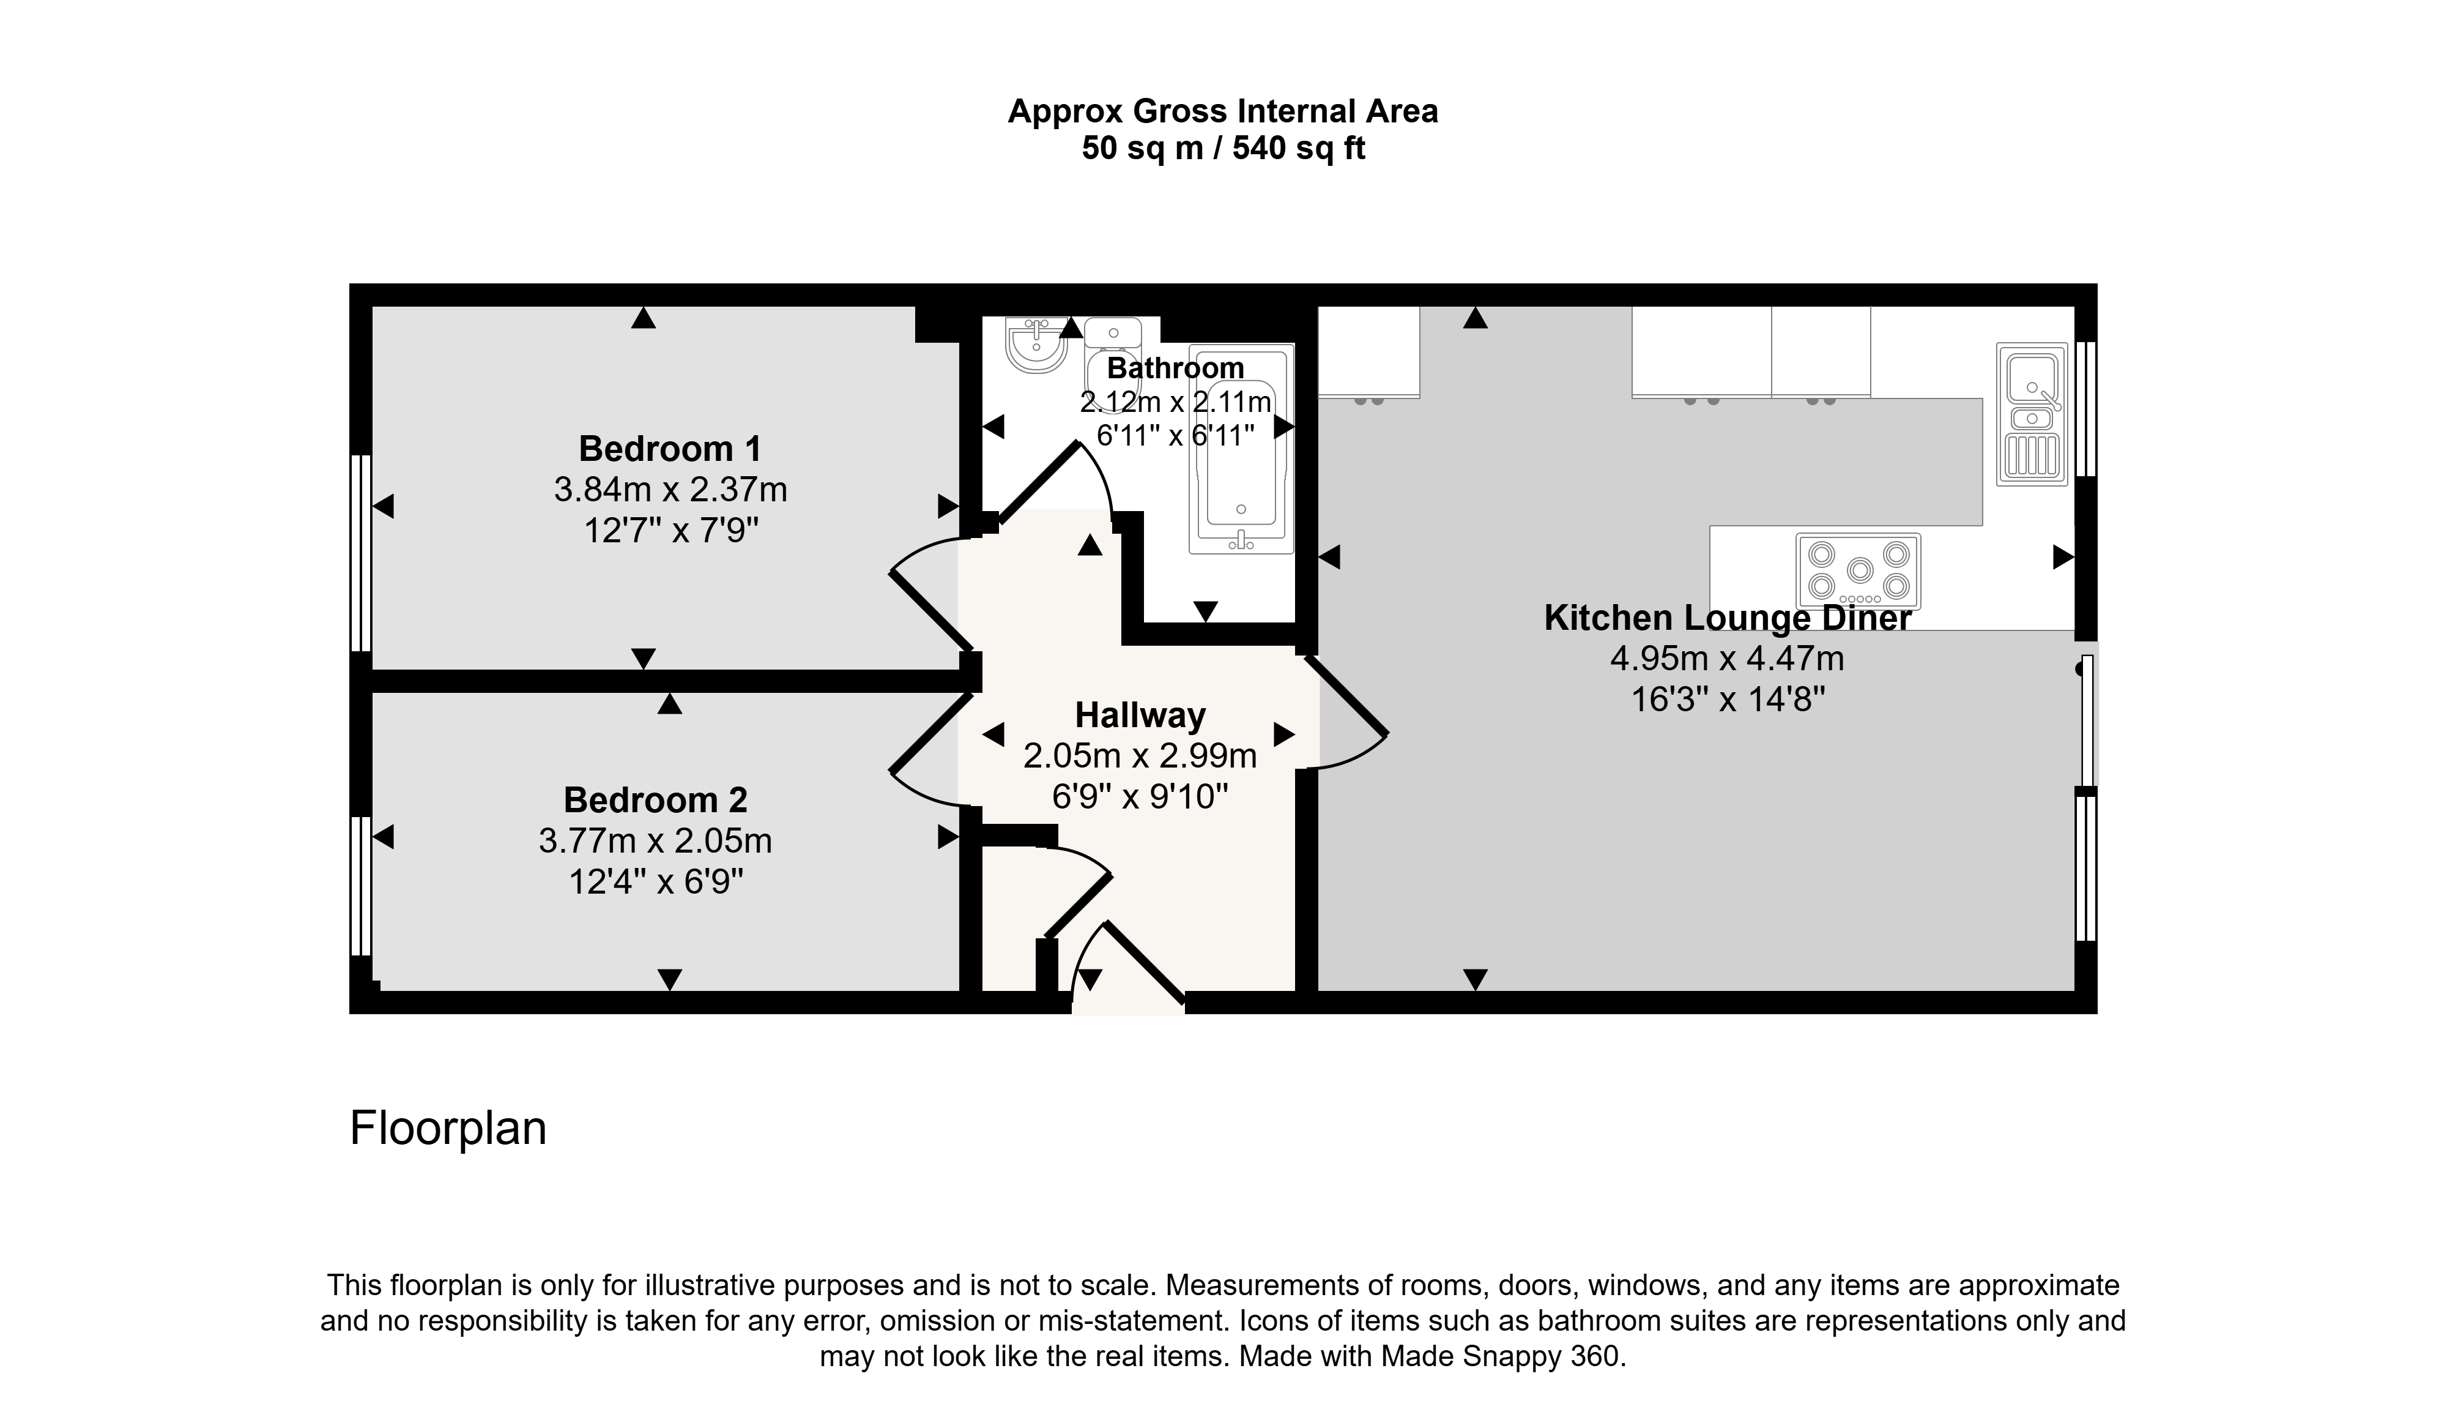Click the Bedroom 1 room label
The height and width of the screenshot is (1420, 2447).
pos(670,449)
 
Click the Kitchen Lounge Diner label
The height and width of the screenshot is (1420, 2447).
pos(1728,618)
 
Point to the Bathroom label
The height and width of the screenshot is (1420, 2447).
pos(1175,368)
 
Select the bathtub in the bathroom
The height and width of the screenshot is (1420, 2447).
pos(1242,449)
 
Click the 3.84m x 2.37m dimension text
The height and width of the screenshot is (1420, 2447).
pos(670,490)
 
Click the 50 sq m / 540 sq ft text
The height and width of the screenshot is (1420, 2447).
pos(1223,149)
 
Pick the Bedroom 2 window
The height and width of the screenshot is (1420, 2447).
pos(361,886)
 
